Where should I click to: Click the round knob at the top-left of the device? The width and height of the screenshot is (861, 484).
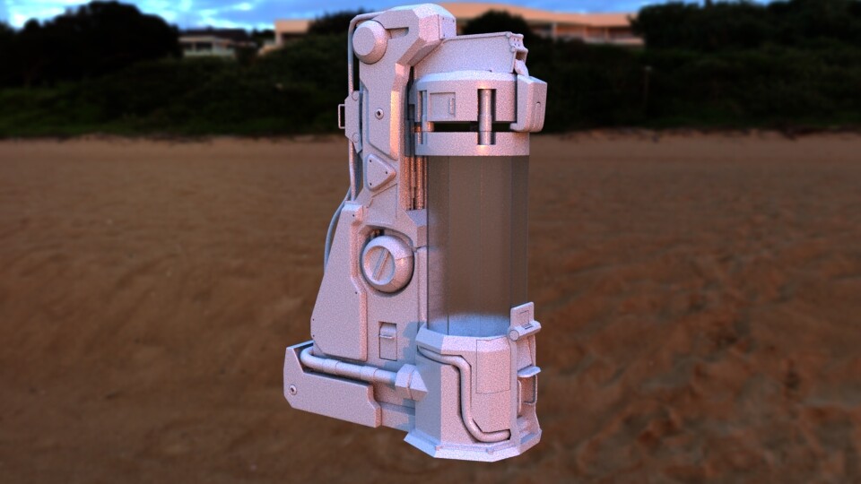(x=369, y=41)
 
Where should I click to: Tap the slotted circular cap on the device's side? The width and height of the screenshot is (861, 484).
(x=387, y=262)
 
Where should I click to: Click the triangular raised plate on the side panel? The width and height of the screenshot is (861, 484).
(x=379, y=170)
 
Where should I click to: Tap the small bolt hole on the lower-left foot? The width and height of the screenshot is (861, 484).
(x=292, y=389)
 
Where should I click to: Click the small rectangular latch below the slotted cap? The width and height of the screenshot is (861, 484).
(x=387, y=341)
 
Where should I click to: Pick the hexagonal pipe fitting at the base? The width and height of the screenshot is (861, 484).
(x=410, y=381)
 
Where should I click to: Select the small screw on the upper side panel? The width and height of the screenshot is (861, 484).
(x=379, y=114)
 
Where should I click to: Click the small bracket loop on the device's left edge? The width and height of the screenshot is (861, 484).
(x=342, y=115)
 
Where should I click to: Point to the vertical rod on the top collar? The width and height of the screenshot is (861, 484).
(x=485, y=117)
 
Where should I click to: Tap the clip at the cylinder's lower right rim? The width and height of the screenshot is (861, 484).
(x=522, y=323)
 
